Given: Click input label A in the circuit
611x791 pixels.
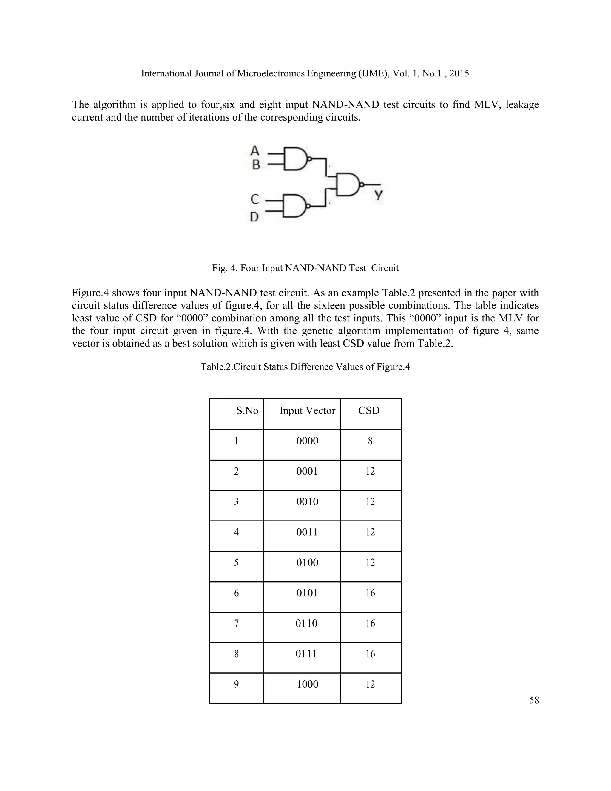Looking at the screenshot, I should pos(255,150).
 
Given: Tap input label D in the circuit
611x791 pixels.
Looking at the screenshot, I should pos(254,217).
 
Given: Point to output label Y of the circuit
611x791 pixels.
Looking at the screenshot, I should pos(378,195).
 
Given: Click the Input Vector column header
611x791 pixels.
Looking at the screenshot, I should pos(307,410).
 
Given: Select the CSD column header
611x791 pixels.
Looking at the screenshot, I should pos(369,410).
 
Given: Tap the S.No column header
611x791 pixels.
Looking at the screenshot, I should pos(247,410).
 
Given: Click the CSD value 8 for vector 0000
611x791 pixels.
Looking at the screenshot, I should pos(370,441).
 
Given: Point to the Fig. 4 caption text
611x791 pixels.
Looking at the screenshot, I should pos(305,268).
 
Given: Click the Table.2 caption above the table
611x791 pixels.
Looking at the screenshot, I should pos(305,367).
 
